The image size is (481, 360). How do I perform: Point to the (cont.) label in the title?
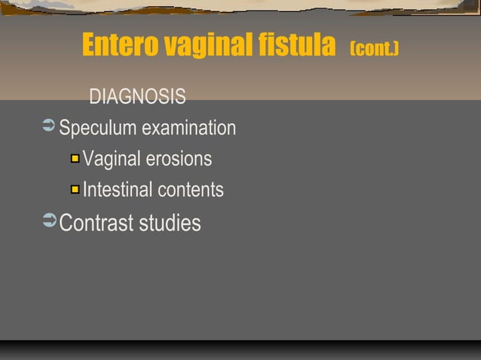(x=375, y=49)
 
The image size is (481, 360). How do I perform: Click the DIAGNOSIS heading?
(x=137, y=97)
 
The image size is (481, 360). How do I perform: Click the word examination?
(x=188, y=129)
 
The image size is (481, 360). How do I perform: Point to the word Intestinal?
(x=116, y=190)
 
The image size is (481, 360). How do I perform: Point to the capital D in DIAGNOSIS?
(x=95, y=97)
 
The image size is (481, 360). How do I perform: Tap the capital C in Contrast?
(x=66, y=223)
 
